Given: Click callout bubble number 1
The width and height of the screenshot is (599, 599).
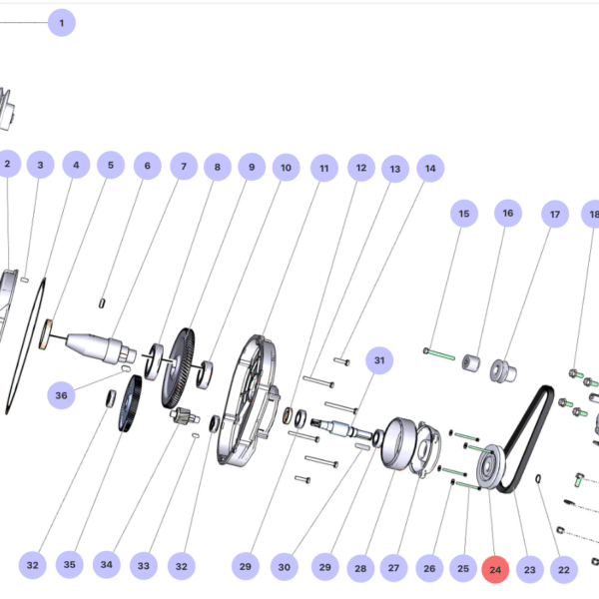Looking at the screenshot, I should pos(61,22).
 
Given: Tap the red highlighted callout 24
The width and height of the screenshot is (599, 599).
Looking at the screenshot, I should pos(495,570).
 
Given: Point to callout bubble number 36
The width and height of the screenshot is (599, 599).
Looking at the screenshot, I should pos(62,396).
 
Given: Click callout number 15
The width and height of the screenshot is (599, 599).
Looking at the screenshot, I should pos(463,214).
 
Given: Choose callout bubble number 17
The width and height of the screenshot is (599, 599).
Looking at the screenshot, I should pos(555,214).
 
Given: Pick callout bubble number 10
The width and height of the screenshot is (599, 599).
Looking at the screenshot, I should pos(286,169).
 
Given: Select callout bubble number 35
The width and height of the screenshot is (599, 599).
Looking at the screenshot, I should pos(69,565).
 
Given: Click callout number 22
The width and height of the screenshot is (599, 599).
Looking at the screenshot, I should pos(564,570).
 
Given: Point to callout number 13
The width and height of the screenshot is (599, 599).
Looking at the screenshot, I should pos(394,170).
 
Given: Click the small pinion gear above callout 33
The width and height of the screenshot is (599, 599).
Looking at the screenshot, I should pos(182,416).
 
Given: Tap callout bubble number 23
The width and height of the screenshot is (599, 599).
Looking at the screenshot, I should pos(529,570).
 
